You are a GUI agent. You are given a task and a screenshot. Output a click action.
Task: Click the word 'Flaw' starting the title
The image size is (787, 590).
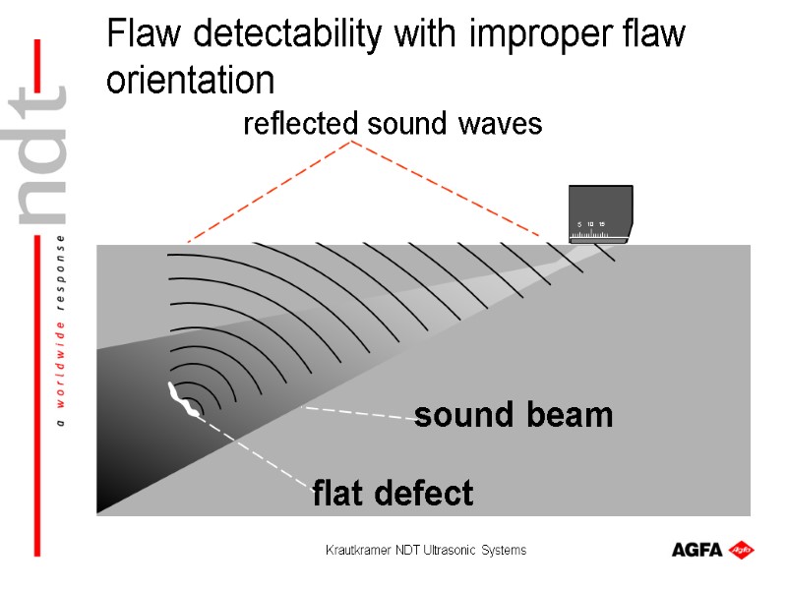(x=147, y=36)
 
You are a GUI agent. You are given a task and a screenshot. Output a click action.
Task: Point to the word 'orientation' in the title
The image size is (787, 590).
(x=189, y=80)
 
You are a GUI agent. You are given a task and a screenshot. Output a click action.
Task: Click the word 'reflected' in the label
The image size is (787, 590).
(x=300, y=125)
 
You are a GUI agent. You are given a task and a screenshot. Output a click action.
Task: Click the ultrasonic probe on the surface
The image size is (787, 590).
(x=600, y=213)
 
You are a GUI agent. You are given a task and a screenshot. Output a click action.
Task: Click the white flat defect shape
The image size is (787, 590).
(x=180, y=397)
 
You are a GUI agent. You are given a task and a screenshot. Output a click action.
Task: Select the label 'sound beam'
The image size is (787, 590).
(x=514, y=415)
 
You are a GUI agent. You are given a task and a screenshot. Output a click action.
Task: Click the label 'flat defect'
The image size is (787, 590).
(x=393, y=493)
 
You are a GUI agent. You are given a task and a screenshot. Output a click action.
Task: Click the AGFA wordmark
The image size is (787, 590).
(x=697, y=550)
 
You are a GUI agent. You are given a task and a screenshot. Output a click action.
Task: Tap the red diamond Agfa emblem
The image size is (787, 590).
(x=742, y=549)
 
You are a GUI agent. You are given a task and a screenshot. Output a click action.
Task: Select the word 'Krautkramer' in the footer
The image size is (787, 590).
(x=357, y=550)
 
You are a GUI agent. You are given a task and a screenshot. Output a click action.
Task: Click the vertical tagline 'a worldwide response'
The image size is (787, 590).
(x=61, y=331)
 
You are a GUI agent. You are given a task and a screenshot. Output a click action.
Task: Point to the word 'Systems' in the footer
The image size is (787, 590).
(x=504, y=550)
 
